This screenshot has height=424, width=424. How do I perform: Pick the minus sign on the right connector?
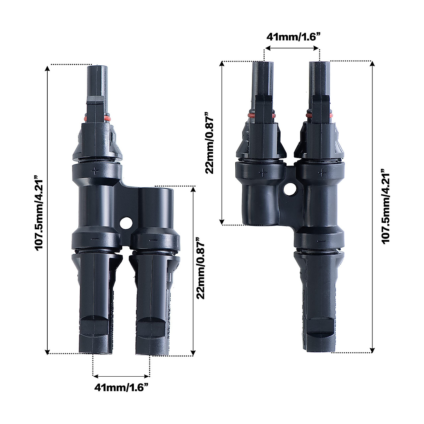coord(321,241)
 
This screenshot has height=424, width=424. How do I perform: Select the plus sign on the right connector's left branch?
coord(263,173)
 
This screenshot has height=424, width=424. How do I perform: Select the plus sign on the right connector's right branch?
coord(322,172)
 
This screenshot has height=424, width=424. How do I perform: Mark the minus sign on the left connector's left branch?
coord(94,239)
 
